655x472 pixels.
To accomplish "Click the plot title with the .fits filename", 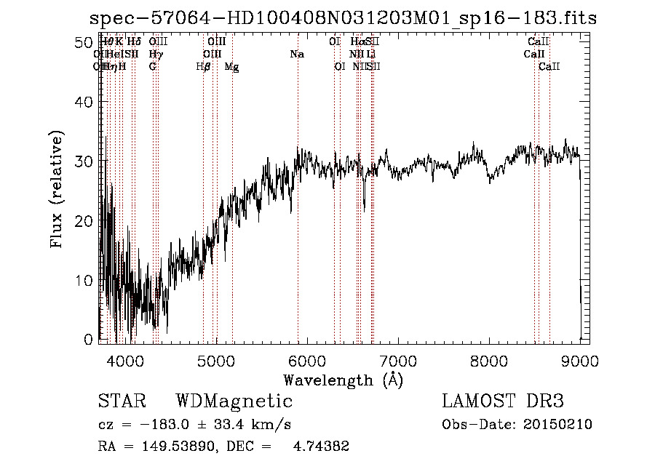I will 342,18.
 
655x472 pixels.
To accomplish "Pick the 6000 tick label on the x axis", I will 306,360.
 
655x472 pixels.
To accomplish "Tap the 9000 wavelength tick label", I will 580,360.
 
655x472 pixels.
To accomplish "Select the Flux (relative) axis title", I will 56,189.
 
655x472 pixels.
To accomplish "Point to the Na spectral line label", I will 297,55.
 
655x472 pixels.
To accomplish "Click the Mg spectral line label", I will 231,67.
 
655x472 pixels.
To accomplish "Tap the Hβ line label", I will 203,67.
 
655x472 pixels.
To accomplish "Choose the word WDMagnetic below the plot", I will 234,401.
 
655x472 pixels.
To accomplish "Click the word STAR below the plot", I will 121,401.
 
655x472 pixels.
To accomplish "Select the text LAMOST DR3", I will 502,401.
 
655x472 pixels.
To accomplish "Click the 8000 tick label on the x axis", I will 489,360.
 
